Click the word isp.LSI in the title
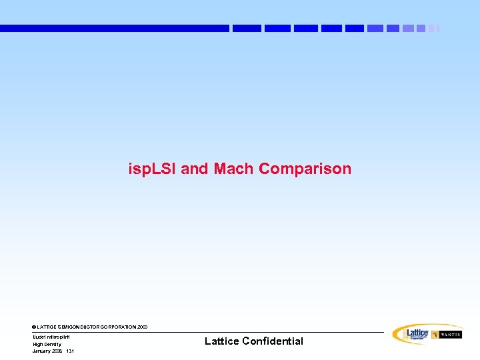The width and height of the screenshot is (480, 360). (153, 169)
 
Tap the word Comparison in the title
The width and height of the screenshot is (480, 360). (305, 169)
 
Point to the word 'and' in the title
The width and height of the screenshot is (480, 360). (195, 169)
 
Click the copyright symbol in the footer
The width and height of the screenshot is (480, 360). (34, 327)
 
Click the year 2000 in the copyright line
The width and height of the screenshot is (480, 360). (143, 327)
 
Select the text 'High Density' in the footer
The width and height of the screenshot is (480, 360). (47, 344)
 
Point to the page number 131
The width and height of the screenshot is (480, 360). (70, 351)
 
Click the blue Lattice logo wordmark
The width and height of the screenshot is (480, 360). (417, 332)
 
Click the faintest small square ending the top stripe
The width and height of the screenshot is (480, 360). (437, 29)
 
